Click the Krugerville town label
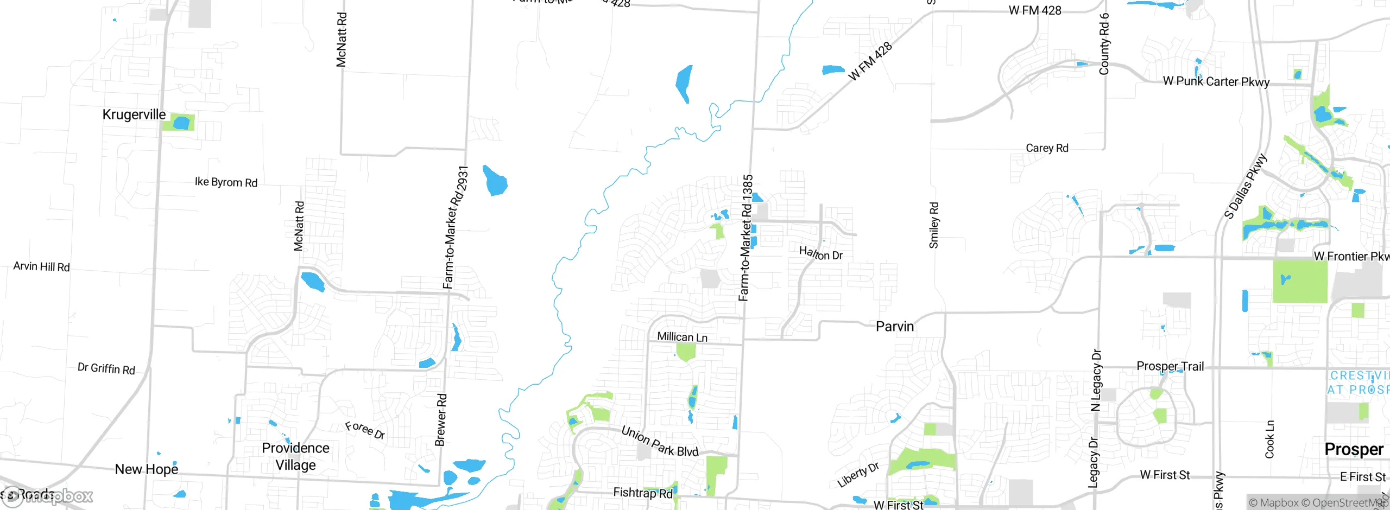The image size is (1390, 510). point(134,114)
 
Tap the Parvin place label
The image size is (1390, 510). point(895,327)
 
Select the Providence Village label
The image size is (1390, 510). point(295,456)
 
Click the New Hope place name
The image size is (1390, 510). point(147,469)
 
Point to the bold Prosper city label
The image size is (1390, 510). point(1354,449)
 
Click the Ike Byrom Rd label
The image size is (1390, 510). point(226,182)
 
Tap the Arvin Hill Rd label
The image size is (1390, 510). point(42,266)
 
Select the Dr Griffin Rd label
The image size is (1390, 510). point(106,369)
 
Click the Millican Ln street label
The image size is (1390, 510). point(683,337)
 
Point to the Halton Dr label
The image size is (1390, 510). point(820,253)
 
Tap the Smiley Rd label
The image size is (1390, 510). point(934,225)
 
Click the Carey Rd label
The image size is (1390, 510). point(1047,148)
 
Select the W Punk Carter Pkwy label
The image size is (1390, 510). point(1216,82)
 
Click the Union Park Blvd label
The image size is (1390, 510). point(660,442)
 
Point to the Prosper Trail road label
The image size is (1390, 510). point(1170,367)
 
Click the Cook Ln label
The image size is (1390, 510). point(1269,439)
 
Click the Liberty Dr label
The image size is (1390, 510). point(858,475)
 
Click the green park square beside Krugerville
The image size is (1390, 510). point(179,122)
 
